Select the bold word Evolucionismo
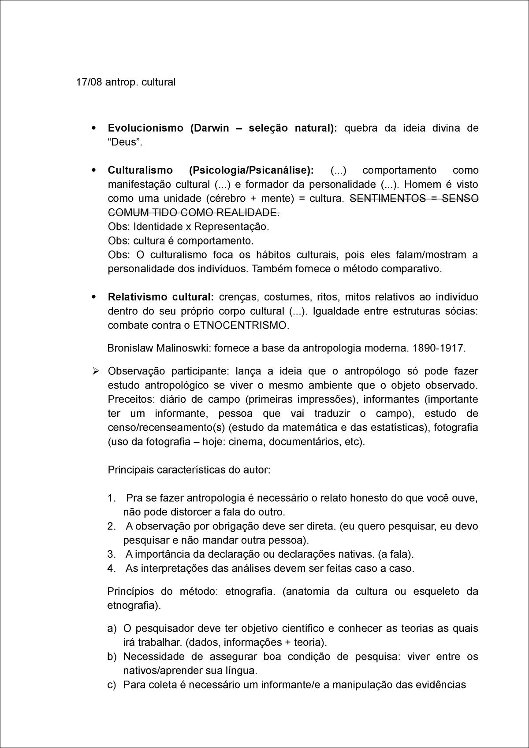point(145,128)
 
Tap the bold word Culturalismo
point(139,170)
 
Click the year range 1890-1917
point(439,348)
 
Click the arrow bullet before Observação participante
point(95,371)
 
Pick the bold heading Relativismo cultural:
point(160,297)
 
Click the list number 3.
point(112,554)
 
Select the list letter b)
point(112,656)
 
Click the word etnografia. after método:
point(250,591)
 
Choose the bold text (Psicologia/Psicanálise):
point(251,170)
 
